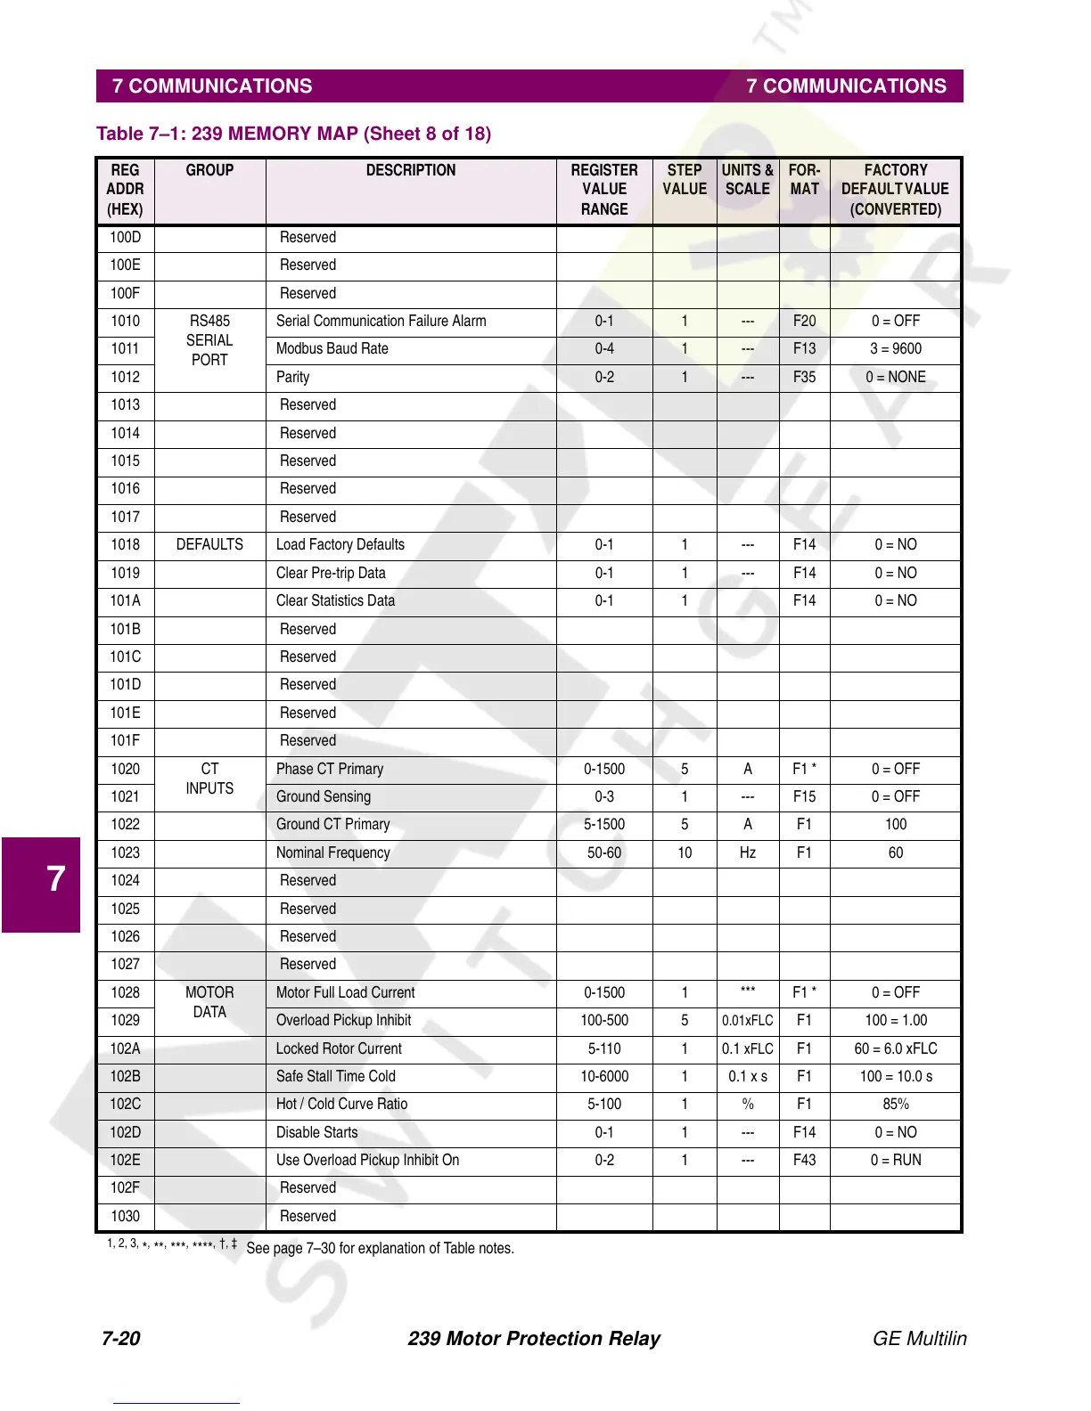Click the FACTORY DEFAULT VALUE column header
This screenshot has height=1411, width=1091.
(895, 190)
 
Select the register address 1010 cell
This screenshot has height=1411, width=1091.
(125, 322)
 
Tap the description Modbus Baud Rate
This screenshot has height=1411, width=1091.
(332, 349)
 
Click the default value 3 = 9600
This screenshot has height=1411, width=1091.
(896, 349)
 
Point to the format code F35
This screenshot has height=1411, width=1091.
(804, 378)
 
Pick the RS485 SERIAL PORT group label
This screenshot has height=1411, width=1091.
(209, 340)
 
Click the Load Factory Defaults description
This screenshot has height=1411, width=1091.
(340, 545)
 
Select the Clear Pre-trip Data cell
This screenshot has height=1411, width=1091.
(331, 573)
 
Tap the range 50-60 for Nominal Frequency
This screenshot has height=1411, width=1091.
(604, 853)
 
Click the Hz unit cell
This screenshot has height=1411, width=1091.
(748, 853)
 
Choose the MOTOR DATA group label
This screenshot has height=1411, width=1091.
(209, 1002)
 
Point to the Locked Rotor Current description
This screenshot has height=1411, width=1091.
(339, 1049)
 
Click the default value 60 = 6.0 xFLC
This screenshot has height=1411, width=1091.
(896, 1049)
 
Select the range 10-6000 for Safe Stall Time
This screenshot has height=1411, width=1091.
(604, 1077)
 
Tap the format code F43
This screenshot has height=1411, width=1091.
(804, 1161)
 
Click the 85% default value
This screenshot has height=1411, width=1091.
(896, 1105)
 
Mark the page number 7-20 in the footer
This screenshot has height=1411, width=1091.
(121, 1339)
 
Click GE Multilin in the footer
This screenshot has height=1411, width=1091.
(919, 1339)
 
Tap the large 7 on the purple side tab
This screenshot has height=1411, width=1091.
(55, 879)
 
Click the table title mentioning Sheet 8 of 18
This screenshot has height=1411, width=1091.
(293, 134)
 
